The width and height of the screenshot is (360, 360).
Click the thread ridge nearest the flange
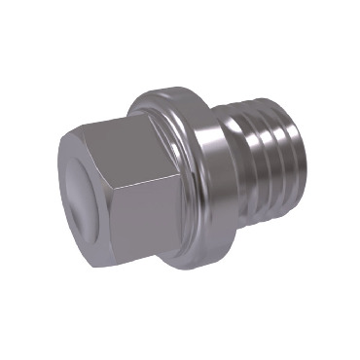click(x=249, y=146)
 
